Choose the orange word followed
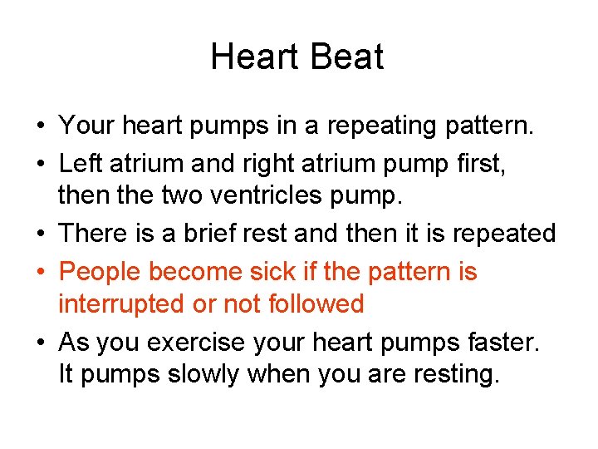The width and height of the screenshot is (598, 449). point(316,304)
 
